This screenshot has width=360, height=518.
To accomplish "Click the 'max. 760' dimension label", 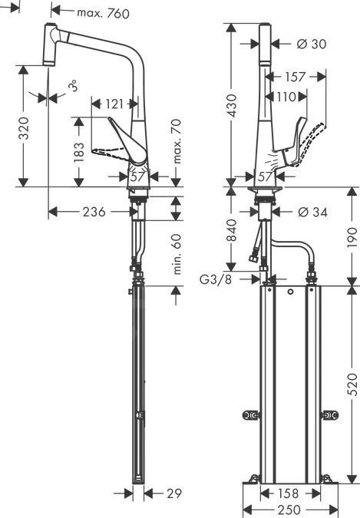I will point(103,12).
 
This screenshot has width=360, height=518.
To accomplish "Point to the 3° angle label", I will point(72,87).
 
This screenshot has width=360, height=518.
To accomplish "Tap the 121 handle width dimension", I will point(114,104).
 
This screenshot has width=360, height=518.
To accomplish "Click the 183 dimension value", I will point(78,151).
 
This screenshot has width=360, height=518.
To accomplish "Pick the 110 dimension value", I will point(286,97).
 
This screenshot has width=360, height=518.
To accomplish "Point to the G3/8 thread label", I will point(216,279).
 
